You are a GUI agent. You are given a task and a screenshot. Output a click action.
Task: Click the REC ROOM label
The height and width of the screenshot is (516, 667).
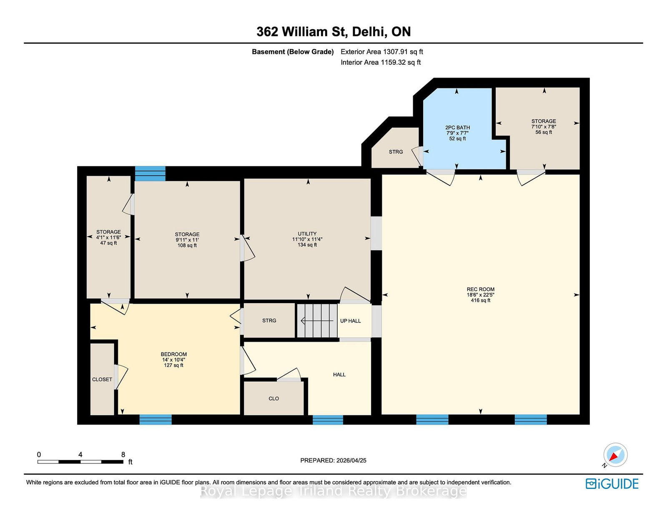click(480, 289)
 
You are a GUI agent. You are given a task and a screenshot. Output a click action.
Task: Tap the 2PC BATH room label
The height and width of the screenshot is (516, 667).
click(457, 128)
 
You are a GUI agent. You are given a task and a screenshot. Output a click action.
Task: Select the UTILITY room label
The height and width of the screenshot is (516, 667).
click(307, 234)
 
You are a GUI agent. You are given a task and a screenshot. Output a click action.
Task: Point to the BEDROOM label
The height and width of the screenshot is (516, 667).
click(173, 354)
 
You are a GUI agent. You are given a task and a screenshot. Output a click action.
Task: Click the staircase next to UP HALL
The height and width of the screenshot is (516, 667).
click(317, 321)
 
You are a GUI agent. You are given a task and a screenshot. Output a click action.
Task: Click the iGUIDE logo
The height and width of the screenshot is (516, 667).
click(612, 484)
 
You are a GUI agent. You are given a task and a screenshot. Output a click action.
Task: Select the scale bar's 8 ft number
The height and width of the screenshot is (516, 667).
click(123, 455)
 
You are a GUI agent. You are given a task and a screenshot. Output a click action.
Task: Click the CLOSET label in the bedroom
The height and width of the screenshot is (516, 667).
click(102, 380)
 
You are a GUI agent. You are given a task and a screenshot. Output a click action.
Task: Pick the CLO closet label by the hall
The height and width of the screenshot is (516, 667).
click(273, 399)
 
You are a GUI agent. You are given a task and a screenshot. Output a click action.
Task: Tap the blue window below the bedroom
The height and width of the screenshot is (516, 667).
click(155, 419)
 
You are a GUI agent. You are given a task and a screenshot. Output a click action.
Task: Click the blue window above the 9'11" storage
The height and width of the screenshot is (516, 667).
click(150, 174)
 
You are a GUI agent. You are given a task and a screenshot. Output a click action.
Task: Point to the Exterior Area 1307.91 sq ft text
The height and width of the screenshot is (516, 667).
click(382, 52)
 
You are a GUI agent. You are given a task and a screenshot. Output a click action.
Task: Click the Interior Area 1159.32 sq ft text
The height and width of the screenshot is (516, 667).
click(381, 62)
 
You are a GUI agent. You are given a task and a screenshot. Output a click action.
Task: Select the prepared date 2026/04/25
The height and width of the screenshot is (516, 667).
click(351, 461)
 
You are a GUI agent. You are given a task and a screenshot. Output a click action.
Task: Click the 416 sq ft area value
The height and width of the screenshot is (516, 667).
click(480, 300)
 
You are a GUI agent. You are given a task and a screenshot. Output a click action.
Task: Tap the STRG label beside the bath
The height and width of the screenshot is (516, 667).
click(396, 152)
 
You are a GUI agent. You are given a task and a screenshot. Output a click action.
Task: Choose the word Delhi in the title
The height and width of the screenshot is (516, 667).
click(369, 32)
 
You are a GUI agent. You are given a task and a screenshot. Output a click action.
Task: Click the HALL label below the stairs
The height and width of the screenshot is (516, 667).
click(339, 375)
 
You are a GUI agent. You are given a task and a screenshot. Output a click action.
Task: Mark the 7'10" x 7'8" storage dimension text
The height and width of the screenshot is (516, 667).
click(544, 127)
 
